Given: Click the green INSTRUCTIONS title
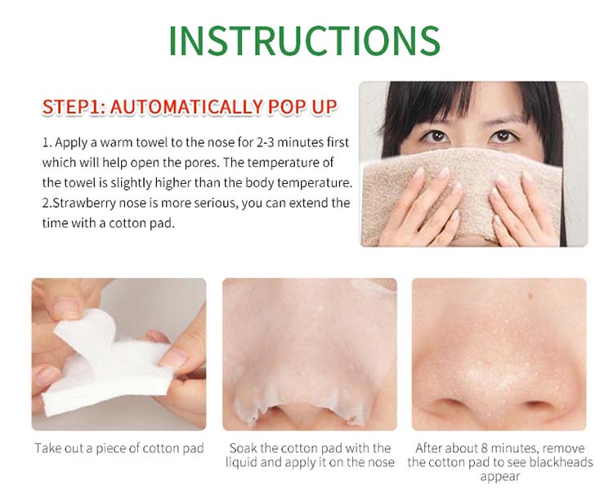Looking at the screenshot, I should click(x=305, y=42).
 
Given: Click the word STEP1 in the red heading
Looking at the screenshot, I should click(x=72, y=107).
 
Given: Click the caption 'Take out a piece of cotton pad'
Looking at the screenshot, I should click(x=119, y=448).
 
